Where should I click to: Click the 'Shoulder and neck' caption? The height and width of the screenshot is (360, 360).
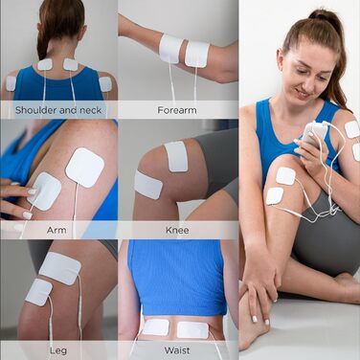(58, 110)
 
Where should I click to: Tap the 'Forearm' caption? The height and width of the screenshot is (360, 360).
(177, 110)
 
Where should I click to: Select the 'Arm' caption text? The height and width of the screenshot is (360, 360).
(56, 230)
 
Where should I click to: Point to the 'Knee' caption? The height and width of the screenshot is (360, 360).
(177, 230)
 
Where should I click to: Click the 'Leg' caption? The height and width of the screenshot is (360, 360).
(58, 350)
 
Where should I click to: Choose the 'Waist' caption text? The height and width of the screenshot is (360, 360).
(177, 350)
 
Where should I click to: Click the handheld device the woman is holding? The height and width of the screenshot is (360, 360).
(313, 134)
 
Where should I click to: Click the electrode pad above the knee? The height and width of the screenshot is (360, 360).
(176, 156)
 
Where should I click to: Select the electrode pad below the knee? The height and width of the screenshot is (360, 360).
(148, 185)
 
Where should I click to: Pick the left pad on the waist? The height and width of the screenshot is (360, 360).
(155, 327)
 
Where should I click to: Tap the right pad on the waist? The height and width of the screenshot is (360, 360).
(192, 329)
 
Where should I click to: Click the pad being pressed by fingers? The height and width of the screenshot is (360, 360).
(44, 191)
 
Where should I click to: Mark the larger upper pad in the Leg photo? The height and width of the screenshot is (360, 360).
(60, 268)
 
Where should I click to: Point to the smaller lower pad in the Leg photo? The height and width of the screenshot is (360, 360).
(38, 292)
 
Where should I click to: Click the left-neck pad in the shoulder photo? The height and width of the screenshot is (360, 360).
(45, 64)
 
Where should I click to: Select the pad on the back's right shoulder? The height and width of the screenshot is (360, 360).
(105, 84)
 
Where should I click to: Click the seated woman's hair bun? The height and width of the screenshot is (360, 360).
(323, 18)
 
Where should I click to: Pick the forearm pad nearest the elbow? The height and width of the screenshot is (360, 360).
(197, 55)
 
